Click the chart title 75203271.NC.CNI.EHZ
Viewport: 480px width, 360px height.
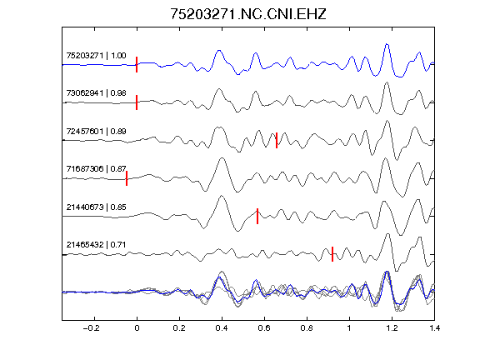[248, 14]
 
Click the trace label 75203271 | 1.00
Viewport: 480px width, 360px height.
[96, 55]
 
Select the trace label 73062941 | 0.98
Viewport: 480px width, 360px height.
[96, 93]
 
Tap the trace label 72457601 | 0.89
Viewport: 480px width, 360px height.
[96, 132]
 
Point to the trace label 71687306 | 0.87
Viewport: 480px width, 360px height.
[96, 169]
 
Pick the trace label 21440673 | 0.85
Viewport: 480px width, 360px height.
[96, 207]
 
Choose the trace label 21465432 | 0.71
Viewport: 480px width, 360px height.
[96, 245]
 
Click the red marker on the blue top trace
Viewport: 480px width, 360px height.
[137, 65]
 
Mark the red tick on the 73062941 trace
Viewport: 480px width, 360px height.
[137, 102]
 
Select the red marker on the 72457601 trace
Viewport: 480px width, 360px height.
[277, 140]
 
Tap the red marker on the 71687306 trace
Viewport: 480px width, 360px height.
[127, 178]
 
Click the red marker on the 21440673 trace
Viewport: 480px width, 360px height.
[257, 216]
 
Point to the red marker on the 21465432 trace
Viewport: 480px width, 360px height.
[332, 254]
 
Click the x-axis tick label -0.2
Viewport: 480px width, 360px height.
[91, 328]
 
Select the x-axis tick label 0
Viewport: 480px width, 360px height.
[137, 328]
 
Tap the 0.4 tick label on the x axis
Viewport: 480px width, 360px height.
[222, 328]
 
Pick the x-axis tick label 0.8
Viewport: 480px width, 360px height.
[307, 328]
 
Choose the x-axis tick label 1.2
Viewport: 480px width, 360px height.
[392, 328]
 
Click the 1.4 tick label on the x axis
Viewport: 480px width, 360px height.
[434, 328]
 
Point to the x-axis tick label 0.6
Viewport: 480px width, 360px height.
[264, 328]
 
